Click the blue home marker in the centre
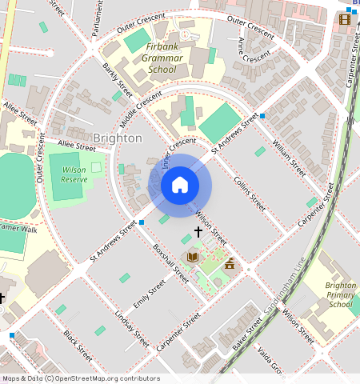[x=180, y=186]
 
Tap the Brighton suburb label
[x=118, y=138]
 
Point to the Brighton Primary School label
[x=341, y=294]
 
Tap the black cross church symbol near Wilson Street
[x=198, y=231]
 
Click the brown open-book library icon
[x=192, y=256]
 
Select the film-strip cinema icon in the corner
[x=345, y=19]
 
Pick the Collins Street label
[x=248, y=194]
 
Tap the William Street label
[x=289, y=158]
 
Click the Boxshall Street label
[x=170, y=263]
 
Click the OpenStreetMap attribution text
[x=80, y=378]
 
